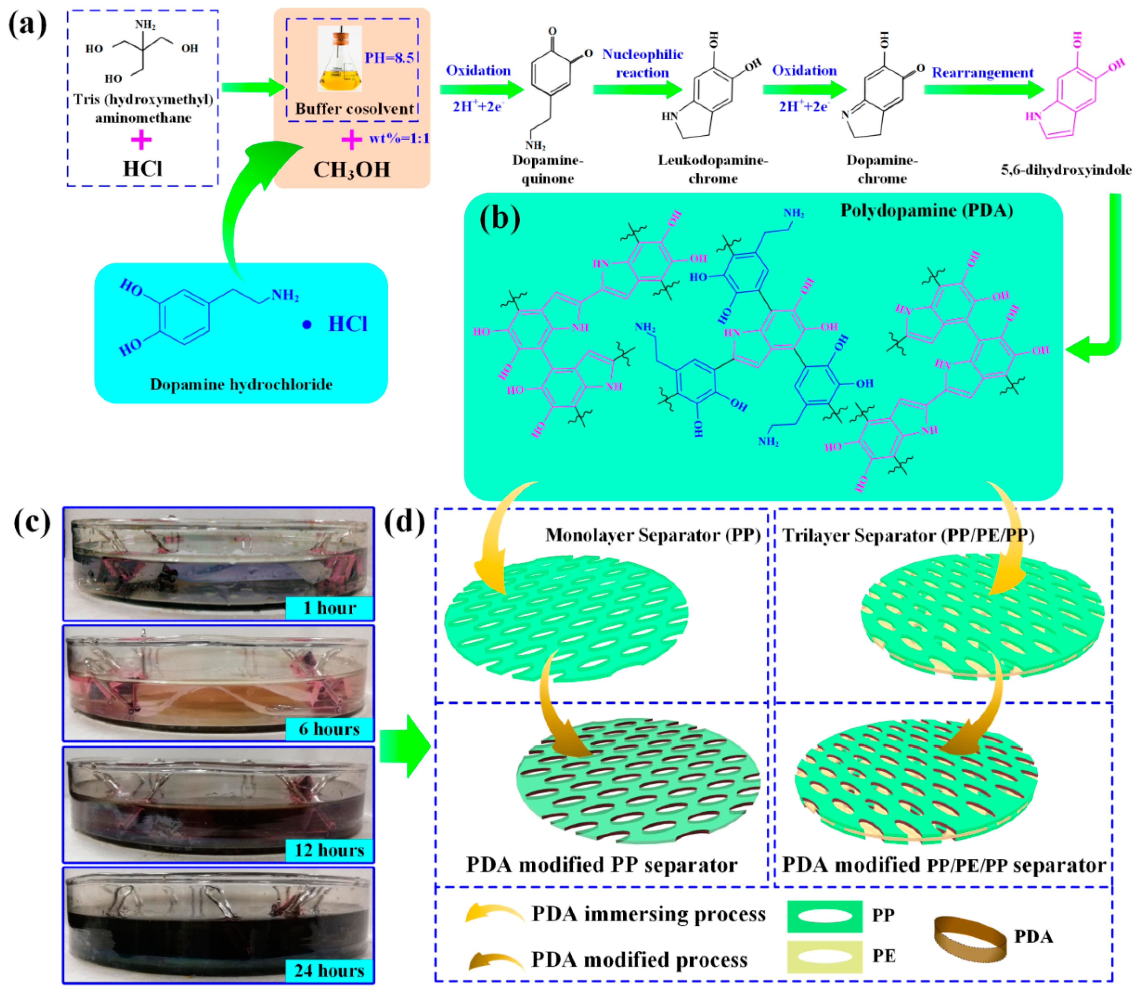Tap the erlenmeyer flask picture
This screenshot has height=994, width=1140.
pyautogui.click(x=339, y=59)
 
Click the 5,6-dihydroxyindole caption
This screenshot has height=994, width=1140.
pyautogui.click(x=1066, y=170)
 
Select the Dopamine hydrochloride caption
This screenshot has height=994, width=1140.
pyautogui.click(x=241, y=385)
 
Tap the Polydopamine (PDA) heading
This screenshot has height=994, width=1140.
pyautogui.click(x=927, y=210)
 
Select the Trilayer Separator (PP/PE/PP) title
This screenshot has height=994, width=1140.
pyautogui.click(x=908, y=535)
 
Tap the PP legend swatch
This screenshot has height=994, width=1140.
pyautogui.click(x=825, y=916)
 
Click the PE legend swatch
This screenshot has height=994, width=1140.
pyautogui.click(x=825, y=956)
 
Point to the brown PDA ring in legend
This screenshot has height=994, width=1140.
pyautogui.click(x=970, y=939)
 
